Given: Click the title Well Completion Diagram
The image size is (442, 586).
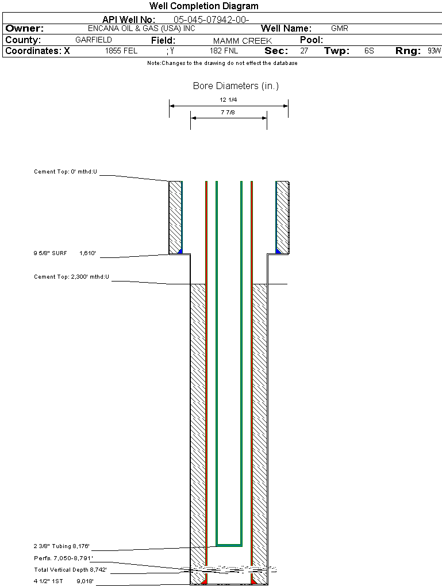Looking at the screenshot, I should click(203, 6).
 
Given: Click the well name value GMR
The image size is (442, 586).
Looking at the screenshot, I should click(340, 28).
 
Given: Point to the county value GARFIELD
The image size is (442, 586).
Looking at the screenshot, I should click(94, 40).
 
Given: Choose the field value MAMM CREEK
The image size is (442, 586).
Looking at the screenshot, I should click(242, 41).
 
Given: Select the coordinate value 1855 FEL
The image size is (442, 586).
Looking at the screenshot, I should click(121, 51).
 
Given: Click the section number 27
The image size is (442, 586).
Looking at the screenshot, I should click(304, 51).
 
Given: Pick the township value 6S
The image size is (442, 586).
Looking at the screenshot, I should click(369, 51).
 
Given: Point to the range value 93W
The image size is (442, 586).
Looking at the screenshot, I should click(434, 51).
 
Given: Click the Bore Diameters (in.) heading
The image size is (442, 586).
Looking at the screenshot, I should click(236, 86).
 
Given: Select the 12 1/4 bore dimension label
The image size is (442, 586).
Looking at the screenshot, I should click(229, 99).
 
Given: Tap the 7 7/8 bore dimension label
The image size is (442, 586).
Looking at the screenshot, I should click(228, 112).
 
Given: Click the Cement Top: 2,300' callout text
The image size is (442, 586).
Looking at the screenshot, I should click(71, 277).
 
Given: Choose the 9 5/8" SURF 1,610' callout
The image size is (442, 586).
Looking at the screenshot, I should click(64, 253).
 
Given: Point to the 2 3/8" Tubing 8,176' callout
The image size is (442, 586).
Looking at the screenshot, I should click(62, 546).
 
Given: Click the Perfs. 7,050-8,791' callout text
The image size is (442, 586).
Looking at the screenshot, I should click(63, 558).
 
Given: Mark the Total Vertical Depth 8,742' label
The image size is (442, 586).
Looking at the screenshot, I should click(70, 569).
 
